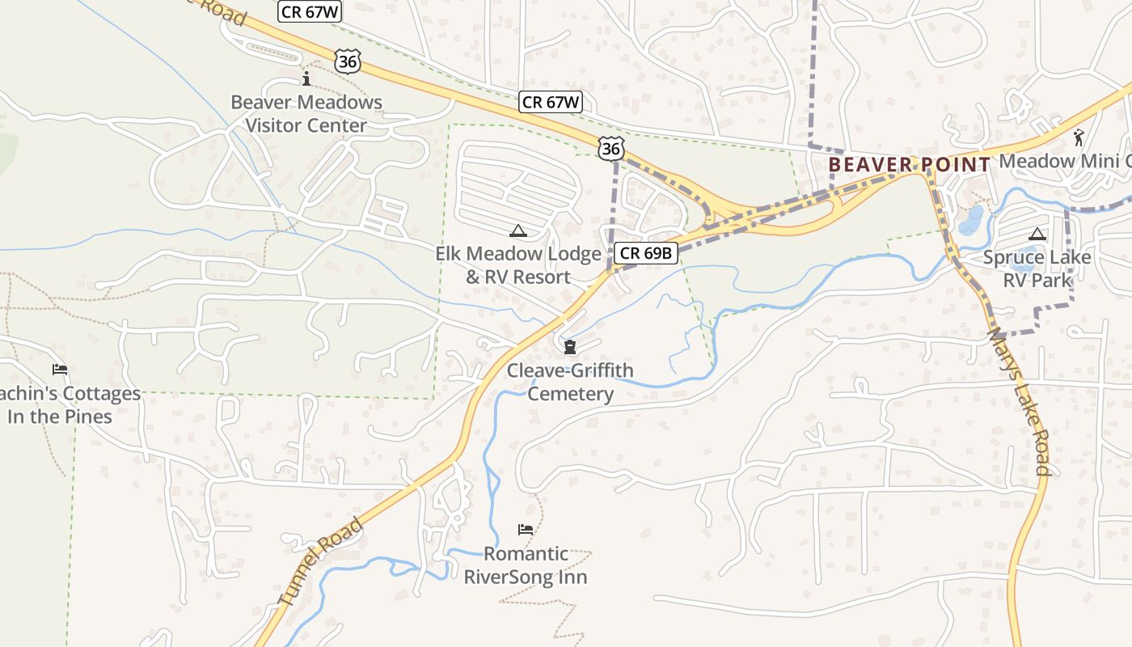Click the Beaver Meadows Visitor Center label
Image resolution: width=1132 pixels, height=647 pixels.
[306, 114]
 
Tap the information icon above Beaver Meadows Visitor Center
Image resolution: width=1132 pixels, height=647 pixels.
[306, 78]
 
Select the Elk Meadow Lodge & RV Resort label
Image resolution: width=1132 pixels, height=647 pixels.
[518, 265]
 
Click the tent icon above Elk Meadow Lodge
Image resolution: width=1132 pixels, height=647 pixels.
[518, 231]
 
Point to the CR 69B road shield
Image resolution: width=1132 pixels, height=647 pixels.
[646, 253]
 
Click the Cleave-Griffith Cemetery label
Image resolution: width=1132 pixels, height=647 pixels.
[570, 382]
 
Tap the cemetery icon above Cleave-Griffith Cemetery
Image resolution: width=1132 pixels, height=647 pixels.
[570, 347]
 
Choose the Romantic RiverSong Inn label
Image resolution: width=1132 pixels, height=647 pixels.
[526, 565]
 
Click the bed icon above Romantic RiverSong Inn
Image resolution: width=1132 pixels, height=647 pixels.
[526, 530]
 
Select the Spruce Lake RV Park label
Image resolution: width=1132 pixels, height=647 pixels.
[1037, 269]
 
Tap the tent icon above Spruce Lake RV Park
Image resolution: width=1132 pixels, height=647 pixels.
[1037, 235]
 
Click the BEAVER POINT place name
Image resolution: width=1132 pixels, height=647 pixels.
[910, 165]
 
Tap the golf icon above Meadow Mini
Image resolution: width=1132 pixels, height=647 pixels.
[1079, 137]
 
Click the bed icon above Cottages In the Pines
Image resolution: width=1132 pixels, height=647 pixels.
[60, 370]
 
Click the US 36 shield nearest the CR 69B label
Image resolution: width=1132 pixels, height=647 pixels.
[612, 148]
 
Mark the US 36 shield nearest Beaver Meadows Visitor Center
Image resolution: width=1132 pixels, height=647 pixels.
[347, 61]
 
